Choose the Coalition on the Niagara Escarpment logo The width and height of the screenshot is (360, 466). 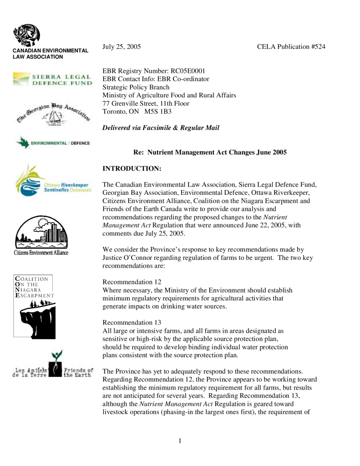34,306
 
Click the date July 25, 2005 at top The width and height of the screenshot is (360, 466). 122,47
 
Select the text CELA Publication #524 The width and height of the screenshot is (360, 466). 291,47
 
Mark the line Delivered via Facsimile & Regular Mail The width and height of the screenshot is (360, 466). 161,128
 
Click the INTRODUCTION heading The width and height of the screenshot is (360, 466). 132,169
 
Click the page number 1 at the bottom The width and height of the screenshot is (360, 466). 180,441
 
